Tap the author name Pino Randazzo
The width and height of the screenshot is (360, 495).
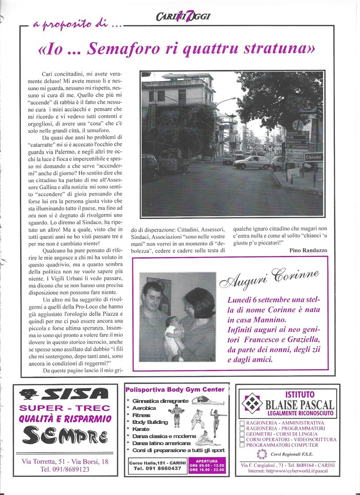308,250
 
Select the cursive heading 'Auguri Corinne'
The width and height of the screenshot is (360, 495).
269,278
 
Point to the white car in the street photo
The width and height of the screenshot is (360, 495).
252,162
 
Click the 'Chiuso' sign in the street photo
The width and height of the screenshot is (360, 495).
314,157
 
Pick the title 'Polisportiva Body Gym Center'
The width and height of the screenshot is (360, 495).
175,390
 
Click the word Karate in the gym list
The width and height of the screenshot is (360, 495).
142,429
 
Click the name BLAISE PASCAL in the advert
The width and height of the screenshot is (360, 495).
299,404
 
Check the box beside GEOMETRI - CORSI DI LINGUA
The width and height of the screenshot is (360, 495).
242,434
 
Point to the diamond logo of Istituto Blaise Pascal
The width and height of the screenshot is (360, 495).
253,403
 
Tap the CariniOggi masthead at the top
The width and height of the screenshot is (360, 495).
183,17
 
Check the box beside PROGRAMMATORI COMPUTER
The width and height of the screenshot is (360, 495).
242,445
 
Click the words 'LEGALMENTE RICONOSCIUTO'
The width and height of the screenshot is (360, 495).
300,414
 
